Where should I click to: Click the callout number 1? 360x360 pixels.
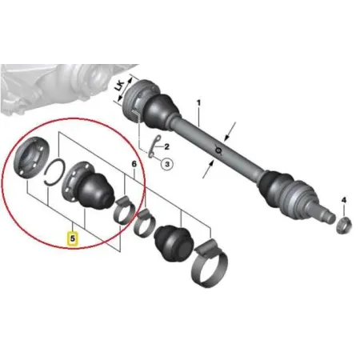[x=198, y=102]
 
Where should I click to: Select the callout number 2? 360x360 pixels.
[x=166, y=146]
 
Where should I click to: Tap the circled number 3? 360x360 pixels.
[x=167, y=164]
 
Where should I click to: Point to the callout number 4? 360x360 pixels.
[x=343, y=200]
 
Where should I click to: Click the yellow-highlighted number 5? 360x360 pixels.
[x=73, y=238]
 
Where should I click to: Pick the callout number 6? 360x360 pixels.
[x=134, y=164]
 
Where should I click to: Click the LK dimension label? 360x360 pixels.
[x=120, y=86]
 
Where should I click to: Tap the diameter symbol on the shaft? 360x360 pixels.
[x=218, y=150]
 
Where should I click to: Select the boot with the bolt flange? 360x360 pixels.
[x=88, y=185]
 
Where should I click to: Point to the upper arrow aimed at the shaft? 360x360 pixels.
[x=230, y=131]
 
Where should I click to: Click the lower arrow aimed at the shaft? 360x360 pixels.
[x=208, y=169]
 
